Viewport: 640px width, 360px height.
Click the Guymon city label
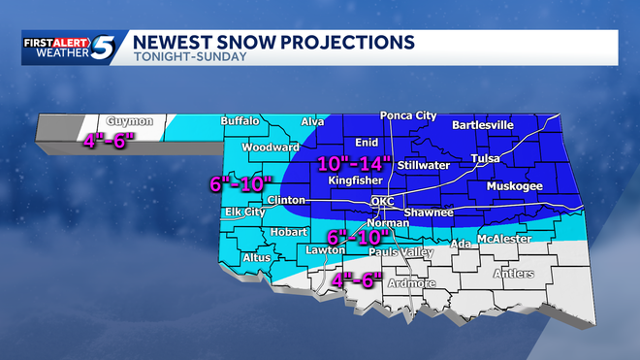tap(131, 121)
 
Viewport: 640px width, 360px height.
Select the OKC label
tap(383, 202)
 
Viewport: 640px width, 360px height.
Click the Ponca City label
tap(407, 115)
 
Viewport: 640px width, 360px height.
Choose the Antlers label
tap(513, 274)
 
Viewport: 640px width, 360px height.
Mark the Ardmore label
tap(410, 283)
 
